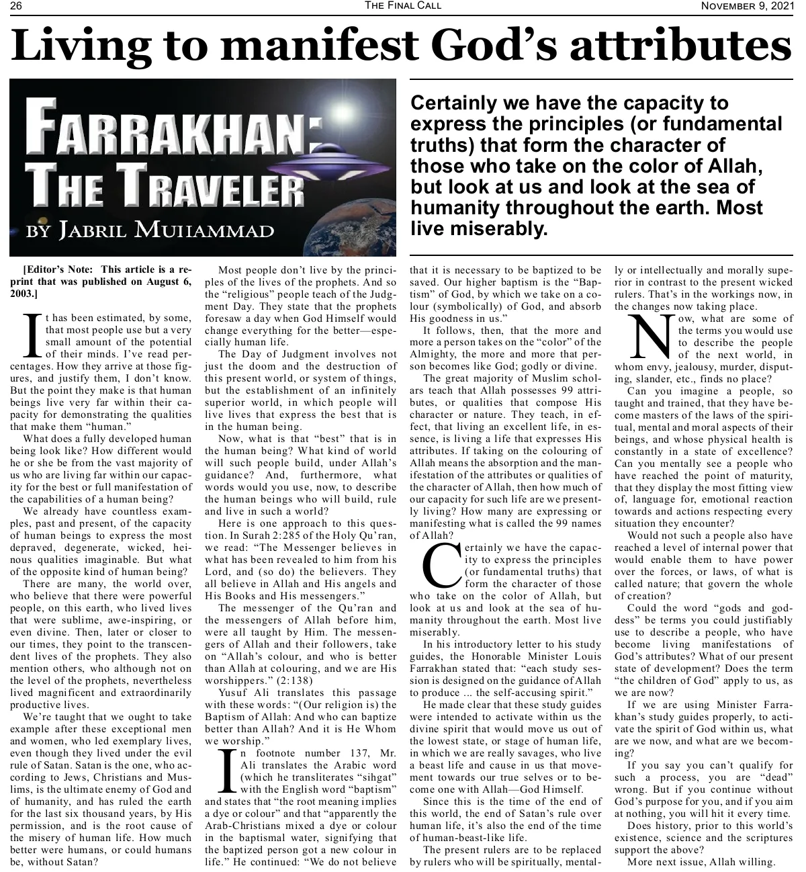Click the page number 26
(x=16, y=6)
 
